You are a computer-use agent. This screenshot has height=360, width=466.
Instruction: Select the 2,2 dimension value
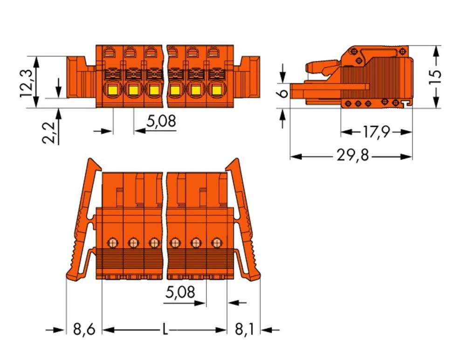tap(48, 133)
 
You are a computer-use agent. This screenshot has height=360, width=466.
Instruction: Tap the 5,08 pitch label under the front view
tap(161, 121)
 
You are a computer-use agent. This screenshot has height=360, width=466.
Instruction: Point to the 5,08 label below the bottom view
tap(180, 292)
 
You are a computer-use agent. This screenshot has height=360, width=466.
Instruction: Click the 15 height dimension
tap(434, 77)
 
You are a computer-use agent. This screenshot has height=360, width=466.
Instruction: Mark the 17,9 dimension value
tap(376, 132)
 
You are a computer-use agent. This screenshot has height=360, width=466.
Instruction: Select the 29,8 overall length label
tap(353, 155)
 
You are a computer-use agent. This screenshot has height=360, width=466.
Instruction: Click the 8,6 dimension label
tap(84, 329)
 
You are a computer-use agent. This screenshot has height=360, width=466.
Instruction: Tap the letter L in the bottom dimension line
tap(165, 329)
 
